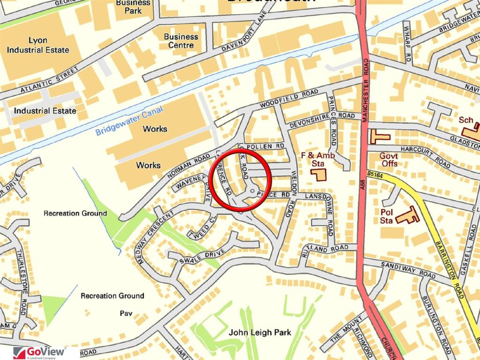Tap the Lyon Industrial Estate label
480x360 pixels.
[42, 45]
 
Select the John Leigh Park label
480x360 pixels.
[260, 332]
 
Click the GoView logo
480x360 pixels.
[40, 352]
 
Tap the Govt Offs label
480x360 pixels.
[389, 159]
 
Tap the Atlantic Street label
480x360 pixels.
[49, 80]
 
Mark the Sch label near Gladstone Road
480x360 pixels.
[465, 120]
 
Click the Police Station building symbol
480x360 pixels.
[407, 215]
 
